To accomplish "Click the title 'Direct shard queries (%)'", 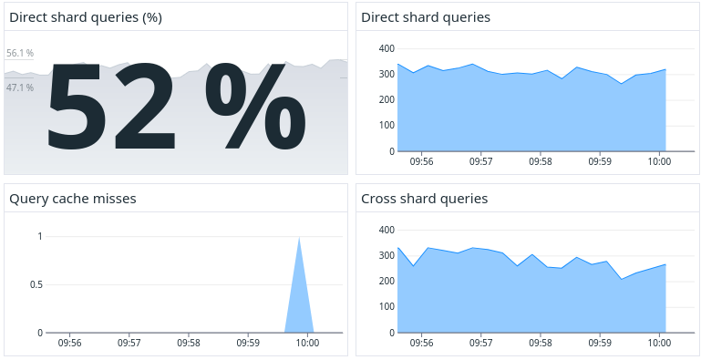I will click(x=86, y=17).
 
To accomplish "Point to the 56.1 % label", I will click(x=20, y=54).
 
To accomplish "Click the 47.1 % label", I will click(x=20, y=87).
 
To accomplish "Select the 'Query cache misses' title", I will click(x=72, y=199).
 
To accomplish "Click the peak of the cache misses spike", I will click(x=299, y=237).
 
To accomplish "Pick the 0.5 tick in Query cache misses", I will click(x=35, y=284).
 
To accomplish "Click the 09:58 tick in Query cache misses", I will click(x=189, y=344).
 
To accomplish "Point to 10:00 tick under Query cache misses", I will click(x=307, y=344).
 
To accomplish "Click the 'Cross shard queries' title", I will click(x=424, y=199).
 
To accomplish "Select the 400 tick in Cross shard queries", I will click(x=386, y=230).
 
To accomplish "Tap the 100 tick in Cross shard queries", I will click(x=386, y=307).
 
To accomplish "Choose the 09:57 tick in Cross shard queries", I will click(x=480, y=344).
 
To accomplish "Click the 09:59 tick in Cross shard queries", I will click(x=599, y=344).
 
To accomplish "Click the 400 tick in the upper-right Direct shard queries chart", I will click(x=386, y=48).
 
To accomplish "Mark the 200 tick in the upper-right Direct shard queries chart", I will click(x=386, y=100).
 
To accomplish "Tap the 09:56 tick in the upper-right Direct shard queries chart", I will click(x=421, y=161).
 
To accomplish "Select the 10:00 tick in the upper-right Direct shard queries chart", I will click(x=658, y=161).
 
